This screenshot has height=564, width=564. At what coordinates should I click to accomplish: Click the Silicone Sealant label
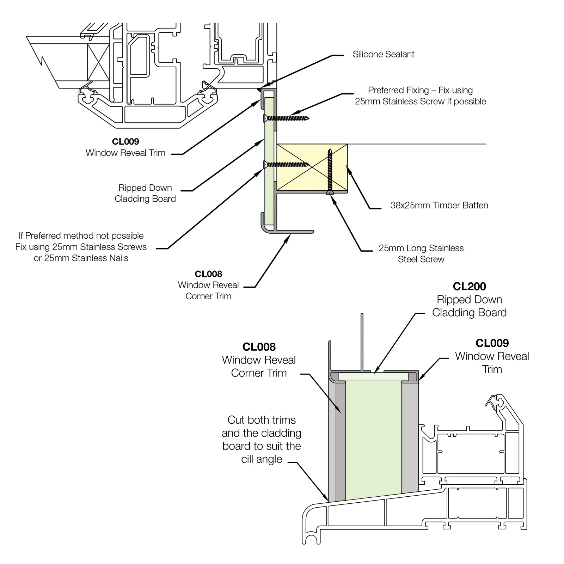click(383, 54)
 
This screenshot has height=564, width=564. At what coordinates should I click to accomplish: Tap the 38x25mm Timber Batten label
click(439, 206)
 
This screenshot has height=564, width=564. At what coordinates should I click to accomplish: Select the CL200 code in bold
click(469, 286)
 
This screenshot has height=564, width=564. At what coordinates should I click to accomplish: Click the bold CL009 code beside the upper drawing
click(125, 142)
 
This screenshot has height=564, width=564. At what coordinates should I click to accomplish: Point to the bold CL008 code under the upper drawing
click(208, 274)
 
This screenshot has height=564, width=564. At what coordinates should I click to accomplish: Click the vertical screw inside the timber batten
click(330, 172)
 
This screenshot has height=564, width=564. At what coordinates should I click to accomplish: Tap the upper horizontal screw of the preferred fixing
click(286, 118)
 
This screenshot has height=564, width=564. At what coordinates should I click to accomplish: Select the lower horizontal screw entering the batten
click(286, 164)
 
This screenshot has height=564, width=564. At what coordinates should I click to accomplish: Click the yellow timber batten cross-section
click(312, 167)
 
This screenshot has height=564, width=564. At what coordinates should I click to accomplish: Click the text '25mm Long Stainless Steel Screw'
click(421, 254)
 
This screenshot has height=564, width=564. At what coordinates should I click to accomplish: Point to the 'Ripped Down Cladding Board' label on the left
click(145, 193)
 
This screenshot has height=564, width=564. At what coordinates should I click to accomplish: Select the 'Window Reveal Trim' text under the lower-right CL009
click(492, 363)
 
